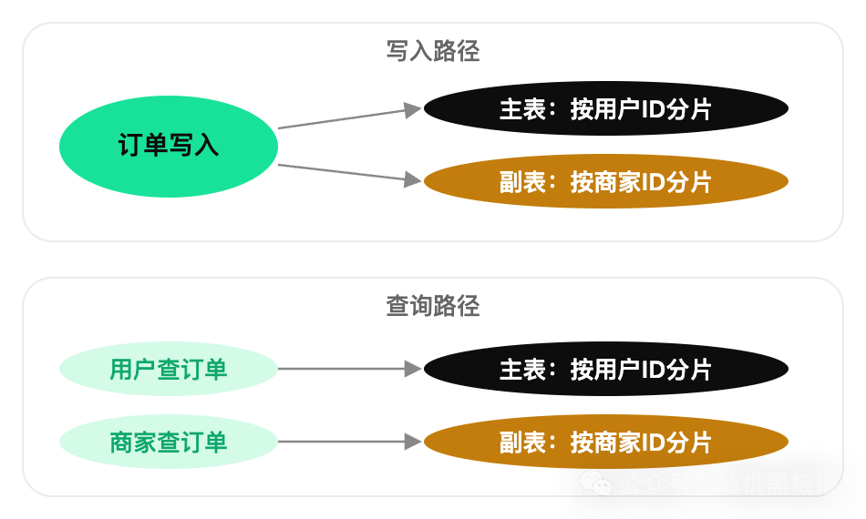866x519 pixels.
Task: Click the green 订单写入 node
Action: coord(168,146)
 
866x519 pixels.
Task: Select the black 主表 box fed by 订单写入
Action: coord(605,109)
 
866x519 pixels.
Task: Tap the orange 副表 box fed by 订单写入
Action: coord(605,182)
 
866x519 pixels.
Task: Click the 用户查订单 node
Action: coord(168,370)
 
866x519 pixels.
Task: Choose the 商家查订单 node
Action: coord(168,443)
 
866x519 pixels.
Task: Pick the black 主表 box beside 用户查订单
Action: coord(605,370)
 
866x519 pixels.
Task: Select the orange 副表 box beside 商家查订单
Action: coord(605,443)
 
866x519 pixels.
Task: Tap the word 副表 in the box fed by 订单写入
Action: coord(522,182)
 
